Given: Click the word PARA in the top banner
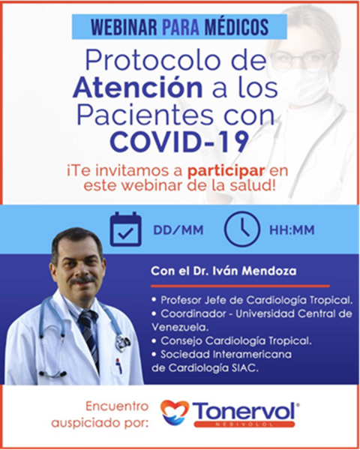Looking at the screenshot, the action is pos(181,27).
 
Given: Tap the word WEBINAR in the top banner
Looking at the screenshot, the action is pos(124,27).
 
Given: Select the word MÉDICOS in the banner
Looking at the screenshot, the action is pos(237,27).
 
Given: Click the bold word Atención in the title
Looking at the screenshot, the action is pos(138,87).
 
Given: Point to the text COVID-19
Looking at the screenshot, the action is pos(179,141).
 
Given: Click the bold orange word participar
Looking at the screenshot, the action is pos(226,171).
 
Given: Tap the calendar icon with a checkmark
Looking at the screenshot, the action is pos(126,229).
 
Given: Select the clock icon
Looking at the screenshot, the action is pos(242,229).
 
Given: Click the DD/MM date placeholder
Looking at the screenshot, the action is pos(178,230).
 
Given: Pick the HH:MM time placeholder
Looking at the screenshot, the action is pos(292,230).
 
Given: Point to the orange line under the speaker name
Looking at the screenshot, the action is pos(240,286).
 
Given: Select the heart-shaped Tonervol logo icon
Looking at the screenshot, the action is pos(175,412).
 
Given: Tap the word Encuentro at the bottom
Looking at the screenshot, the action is pos(117,406).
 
